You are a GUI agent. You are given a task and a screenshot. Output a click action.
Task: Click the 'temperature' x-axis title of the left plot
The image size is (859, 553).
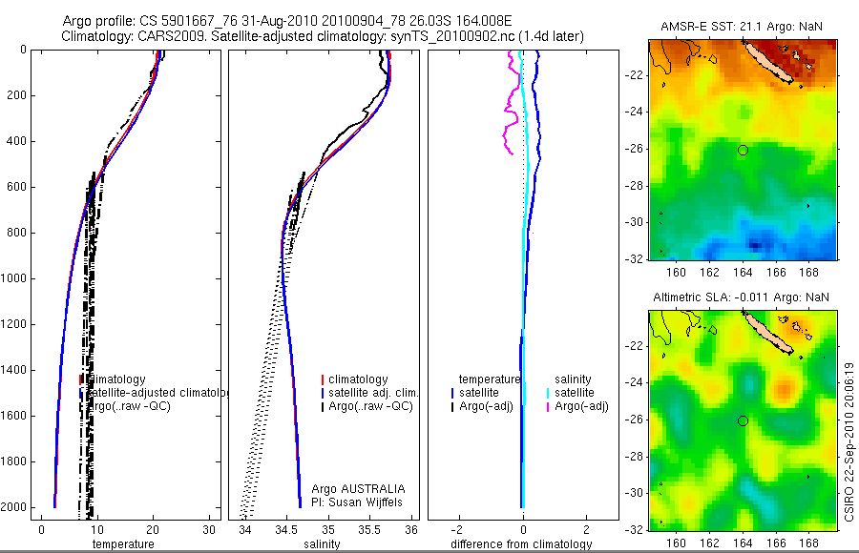pyautogui.click(x=122, y=544)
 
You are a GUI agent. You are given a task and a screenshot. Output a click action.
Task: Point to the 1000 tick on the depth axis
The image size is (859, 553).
pyautogui.click(x=14, y=278)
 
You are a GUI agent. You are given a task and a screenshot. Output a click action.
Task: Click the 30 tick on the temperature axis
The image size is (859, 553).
pyautogui.click(x=209, y=529)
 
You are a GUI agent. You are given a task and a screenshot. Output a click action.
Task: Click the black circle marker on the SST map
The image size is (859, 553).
pyautogui.click(x=743, y=150)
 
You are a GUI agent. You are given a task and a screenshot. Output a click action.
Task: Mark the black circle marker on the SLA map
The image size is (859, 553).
pyautogui.click(x=743, y=420)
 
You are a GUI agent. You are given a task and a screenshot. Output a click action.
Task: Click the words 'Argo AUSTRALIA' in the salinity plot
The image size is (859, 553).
pyautogui.click(x=351, y=488)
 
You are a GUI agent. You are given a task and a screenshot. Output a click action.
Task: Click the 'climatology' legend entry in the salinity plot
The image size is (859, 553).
pyautogui.click(x=357, y=379)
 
